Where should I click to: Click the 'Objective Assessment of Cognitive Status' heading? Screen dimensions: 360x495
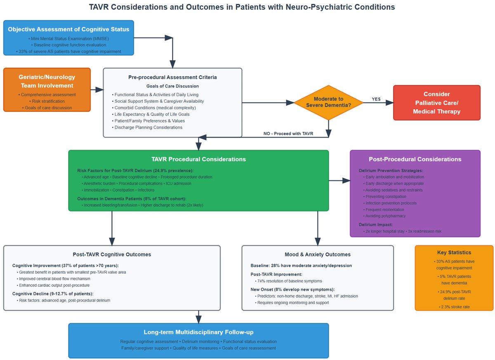click(x=68, y=29)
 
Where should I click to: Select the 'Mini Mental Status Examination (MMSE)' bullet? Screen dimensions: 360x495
click(x=68, y=38)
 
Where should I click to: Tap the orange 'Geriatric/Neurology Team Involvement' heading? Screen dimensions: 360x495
click(x=47, y=81)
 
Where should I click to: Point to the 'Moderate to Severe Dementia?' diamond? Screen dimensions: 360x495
click(x=328, y=102)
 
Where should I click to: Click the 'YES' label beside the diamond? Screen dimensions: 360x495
click(x=376, y=99)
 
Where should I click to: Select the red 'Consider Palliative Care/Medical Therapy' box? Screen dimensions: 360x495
click(x=436, y=103)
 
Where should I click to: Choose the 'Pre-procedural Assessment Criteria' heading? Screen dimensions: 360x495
click(x=172, y=77)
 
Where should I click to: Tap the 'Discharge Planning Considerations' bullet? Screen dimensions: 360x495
click(x=148, y=127)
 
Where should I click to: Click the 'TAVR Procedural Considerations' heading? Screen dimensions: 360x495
click(x=198, y=159)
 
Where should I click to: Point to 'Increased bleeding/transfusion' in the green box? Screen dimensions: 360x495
click(x=109, y=205)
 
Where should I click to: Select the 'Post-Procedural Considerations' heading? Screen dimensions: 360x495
click(x=415, y=159)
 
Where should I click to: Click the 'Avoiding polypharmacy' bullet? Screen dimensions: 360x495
click(x=385, y=216)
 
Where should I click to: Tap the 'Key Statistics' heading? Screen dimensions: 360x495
click(x=454, y=252)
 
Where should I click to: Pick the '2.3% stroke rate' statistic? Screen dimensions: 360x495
click(x=454, y=306)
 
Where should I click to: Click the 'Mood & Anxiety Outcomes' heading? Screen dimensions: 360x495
click(x=317, y=254)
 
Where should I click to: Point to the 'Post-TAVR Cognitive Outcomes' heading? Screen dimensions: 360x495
click(x=111, y=254)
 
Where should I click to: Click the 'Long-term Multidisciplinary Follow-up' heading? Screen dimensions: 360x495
click(x=198, y=332)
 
